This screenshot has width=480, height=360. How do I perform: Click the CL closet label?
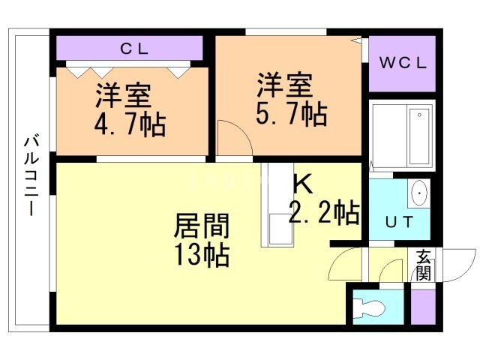click(x=136, y=49)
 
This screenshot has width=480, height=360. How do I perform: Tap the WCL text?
click(x=401, y=63)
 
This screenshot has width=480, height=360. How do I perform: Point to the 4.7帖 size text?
click(x=130, y=122)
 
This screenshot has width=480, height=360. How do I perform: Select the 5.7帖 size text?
click(x=292, y=113)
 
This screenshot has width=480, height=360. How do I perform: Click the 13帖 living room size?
click(x=202, y=255)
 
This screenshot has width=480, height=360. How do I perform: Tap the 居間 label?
click(x=202, y=226)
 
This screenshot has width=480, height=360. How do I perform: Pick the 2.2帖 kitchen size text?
click(x=323, y=214)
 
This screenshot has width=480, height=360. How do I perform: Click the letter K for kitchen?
click(x=301, y=183)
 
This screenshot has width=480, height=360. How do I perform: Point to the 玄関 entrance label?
click(x=423, y=265)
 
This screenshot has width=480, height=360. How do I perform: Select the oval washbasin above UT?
click(x=419, y=193)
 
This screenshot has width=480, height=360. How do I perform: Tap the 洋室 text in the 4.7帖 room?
click(x=123, y=96)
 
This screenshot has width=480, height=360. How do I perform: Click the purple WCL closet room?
click(x=402, y=63)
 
